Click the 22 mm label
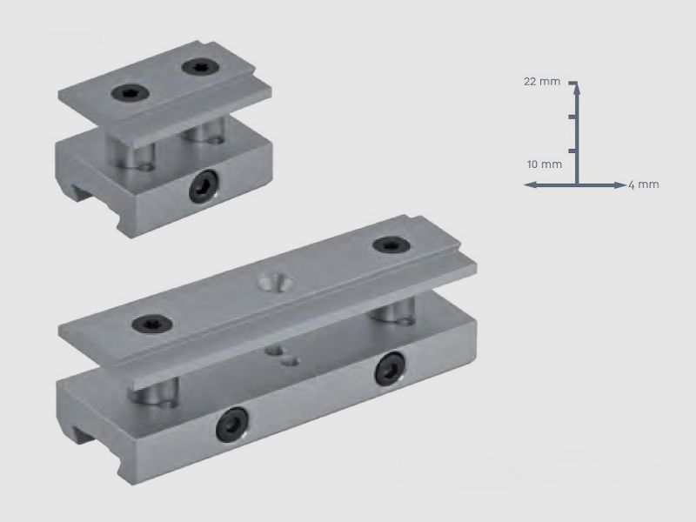(x=541, y=82)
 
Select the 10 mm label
(x=545, y=164)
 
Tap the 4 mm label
(x=644, y=184)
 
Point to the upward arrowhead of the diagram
(x=577, y=89)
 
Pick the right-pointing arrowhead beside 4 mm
(x=620, y=184)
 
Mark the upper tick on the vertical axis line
(x=572, y=117)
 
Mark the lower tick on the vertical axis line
(x=572, y=151)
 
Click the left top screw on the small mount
(x=130, y=92)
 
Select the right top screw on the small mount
(x=201, y=67)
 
